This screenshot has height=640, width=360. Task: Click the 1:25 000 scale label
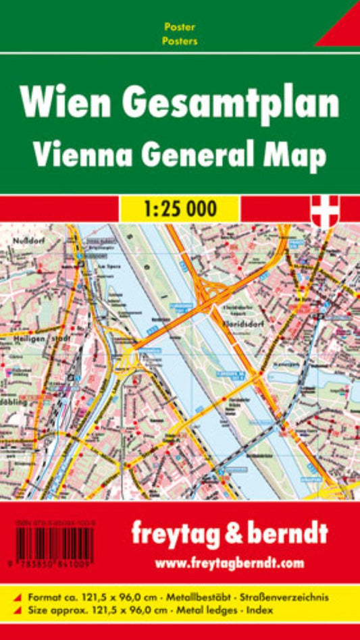pyautogui.click(x=180, y=209)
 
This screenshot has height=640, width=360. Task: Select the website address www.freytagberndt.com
pyautogui.click(x=229, y=562)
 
